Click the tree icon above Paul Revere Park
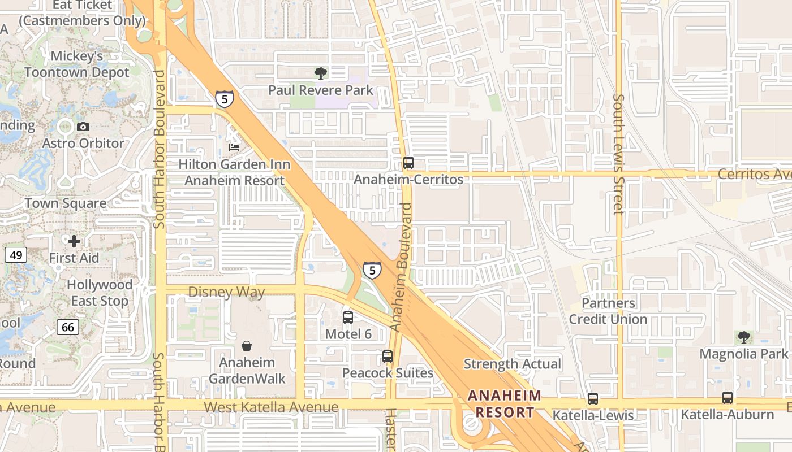tap(320, 73)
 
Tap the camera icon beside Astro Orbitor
tap(83, 127)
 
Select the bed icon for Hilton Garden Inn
tap(234, 147)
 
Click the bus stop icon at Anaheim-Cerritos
tap(408, 163)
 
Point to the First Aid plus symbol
tap(74, 241)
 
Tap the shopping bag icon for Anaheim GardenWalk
tap(247, 345)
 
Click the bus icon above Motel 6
tap(347, 317)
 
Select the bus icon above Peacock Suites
tap(387, 357)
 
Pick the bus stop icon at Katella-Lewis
tap(592, 398)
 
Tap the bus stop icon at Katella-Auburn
tap(727, 397)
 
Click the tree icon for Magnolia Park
tap(743, 337)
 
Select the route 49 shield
tap(16, 255)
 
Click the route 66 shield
tap(67, 327)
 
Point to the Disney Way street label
tap(226, 292)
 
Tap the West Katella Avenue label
tap(271, 407)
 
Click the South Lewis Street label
tap(618, 154)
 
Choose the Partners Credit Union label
tap(608, 311)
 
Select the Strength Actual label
tap(513, 364)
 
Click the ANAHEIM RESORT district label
tap(505, 403)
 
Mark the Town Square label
tap(66, 203)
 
